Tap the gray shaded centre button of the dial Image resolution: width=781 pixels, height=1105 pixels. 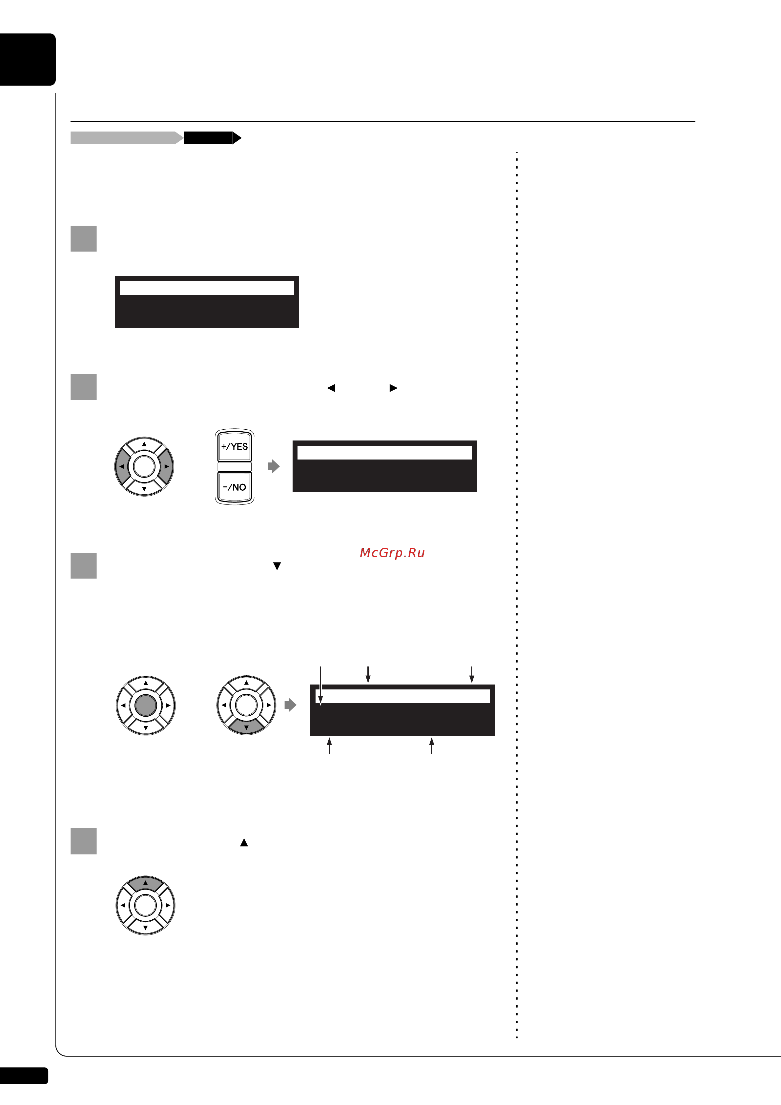(146, 705)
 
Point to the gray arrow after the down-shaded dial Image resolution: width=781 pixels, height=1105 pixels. (291, 705)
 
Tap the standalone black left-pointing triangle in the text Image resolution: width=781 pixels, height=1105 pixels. (331, 388)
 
